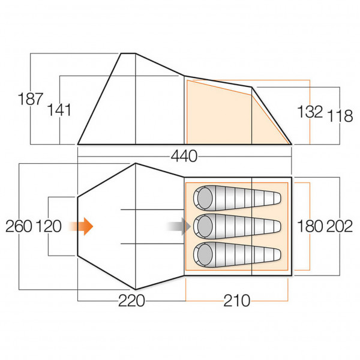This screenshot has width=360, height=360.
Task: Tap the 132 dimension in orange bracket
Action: [x=310, y=112]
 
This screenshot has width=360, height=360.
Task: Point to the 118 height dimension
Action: [x=340, y=115]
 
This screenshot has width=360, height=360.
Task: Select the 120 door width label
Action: [x=49, y=227]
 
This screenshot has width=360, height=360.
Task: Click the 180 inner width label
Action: [x=310, y=227]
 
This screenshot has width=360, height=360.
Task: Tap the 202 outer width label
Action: [x=340, y=227]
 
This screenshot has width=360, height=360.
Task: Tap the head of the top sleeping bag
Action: [x=205, y=197]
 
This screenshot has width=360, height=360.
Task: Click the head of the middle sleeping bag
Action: [x=205, y=226]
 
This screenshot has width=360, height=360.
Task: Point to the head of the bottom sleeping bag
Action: [x=205, y=254]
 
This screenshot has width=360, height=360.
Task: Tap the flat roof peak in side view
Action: [x=128, y=54]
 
